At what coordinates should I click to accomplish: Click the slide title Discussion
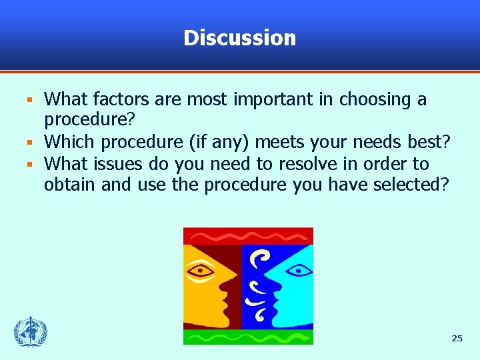(239, 38)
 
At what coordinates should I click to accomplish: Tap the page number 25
(457, 339)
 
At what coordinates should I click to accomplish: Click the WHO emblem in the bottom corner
(31, 331)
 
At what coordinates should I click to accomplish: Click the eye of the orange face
(201, 271)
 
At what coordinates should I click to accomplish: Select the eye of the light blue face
(297, 270)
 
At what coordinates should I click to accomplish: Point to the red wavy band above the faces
(248, 236)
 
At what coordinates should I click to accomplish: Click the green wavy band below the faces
(248, 337)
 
